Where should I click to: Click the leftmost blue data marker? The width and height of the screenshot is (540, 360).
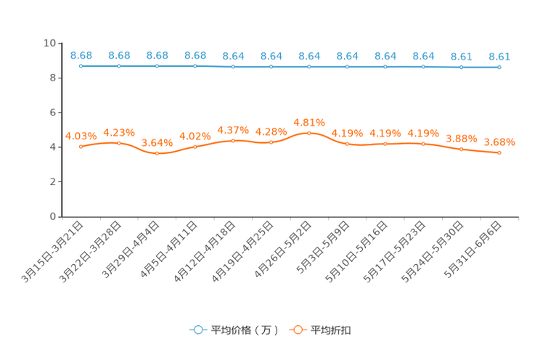pos(81,66)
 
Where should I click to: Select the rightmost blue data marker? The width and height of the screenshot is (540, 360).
pos(499,67)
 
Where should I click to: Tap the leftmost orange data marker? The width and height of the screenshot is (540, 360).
pos(81,147)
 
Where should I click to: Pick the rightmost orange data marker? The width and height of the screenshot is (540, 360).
pos(499,153)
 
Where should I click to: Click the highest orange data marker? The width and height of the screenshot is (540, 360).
pos(309,133)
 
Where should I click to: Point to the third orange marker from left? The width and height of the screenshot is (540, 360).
pos(157,153)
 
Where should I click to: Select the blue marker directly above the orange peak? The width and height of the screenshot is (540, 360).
pos(309,67)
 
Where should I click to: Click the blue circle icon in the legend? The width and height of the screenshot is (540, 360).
pos(197,330)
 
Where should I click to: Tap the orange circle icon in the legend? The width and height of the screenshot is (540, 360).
pos(297,330)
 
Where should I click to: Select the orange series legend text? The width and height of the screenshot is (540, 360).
pos(331,330)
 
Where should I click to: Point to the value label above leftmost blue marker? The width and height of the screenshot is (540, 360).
pos(81,55)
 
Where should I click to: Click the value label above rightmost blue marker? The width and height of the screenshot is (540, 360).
pos(499,56)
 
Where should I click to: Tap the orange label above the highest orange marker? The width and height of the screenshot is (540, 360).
pos(309,122)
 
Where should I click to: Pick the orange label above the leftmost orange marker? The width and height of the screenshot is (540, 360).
pos(81,136)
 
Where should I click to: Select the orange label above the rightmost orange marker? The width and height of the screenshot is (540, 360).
pos(499,142)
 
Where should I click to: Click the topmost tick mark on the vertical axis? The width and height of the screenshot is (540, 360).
pos(60,44)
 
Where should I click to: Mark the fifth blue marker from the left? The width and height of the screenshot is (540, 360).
pos(233,67)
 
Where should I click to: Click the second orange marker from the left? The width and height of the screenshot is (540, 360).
pos(119,143)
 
